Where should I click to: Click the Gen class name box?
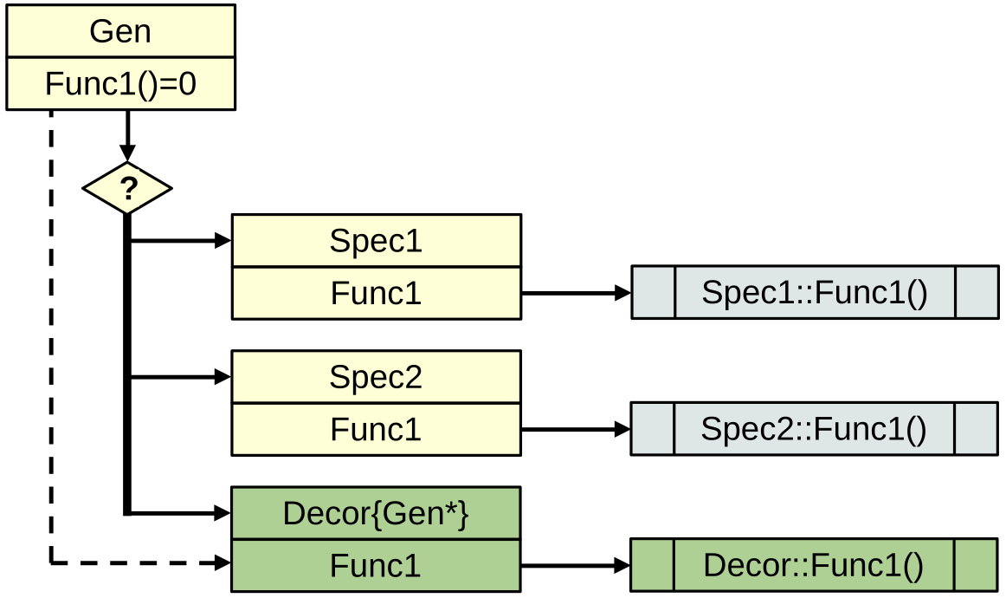click(120, 31)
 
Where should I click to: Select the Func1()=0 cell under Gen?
click(120, 84)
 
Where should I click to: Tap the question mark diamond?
click(127, 188)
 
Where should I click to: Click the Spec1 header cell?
click(376, 240)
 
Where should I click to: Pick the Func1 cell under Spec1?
click(376, 293)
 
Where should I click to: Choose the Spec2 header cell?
click(376, 377)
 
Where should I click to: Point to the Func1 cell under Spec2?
click(376, 429)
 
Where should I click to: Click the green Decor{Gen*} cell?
click(376, 513)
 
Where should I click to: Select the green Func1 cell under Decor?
click(376, 566)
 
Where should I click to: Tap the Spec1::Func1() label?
click(815, 293)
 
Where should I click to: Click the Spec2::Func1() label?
click(814, 429)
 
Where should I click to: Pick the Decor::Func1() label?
click(814, 566)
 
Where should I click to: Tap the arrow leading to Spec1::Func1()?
click(576, 293)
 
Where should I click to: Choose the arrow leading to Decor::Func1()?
click(576, 566)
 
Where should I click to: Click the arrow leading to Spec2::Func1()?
click(576, 429)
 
